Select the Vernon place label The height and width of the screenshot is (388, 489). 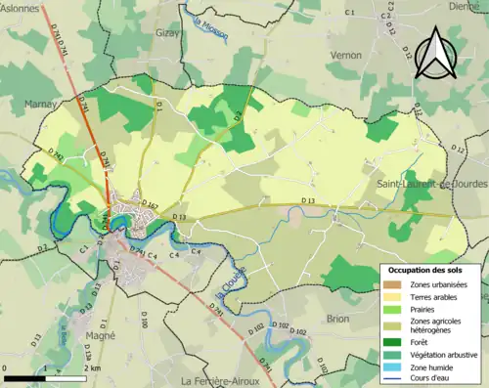coord(347,57)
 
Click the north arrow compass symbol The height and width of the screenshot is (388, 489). coord(434,55)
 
